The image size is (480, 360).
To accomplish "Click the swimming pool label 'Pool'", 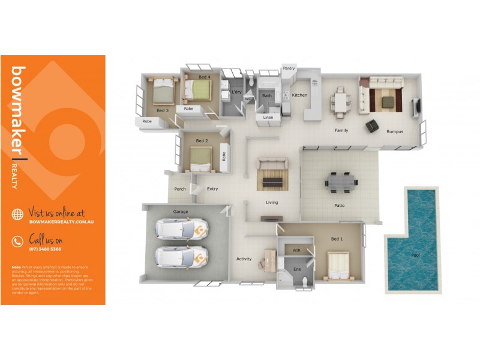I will (x=415, y=255).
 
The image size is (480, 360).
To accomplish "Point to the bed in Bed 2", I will (x=202, y=158).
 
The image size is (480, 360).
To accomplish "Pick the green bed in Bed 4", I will (x=199, y=90).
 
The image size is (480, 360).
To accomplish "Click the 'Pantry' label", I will (x=289, y=68).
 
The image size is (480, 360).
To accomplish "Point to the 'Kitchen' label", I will (x=299, y=95).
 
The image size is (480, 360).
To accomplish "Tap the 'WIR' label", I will (x=296, y=250).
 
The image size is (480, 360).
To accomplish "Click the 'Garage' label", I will (x=181, y=212).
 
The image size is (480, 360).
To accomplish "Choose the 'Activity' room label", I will (x=244, y=259).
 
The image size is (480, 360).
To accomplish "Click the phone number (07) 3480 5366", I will (x=45, y=248).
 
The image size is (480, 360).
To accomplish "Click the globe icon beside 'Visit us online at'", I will (x=17, y=214).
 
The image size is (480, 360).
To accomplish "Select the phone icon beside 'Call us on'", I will (x=17, y=241).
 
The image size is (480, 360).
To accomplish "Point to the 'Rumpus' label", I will (x=394, y=131).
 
